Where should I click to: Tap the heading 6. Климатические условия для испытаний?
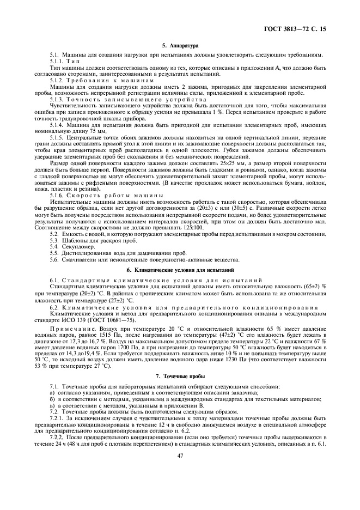coord(180,270)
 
